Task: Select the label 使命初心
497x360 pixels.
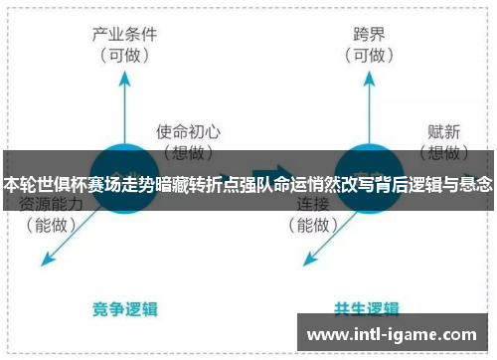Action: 188,130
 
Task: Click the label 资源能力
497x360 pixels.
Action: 50,204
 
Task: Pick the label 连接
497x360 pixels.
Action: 313,204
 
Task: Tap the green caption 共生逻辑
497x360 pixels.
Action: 368,308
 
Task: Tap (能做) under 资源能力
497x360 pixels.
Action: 50,226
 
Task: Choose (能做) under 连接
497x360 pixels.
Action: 313,226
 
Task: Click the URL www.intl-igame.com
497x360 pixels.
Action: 394,333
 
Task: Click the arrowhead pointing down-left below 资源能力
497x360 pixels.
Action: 45,261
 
